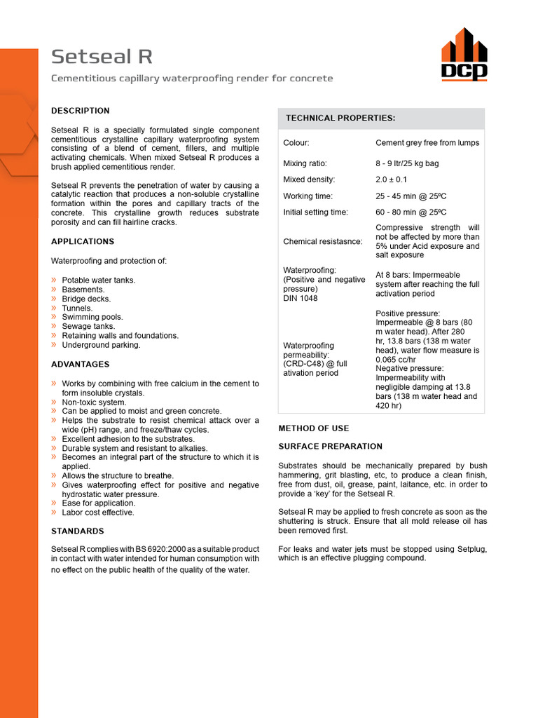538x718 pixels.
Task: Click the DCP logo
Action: (x=464, y=55)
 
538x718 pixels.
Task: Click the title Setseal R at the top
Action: (x=102, y=57)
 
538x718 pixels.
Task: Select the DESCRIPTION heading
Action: (x=81, y=111)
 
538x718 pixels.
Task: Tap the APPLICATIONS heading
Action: (x=83, y=242)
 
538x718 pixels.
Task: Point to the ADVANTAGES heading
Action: (x=81, y=365)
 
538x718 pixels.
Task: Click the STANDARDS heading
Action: (x=78, y=531)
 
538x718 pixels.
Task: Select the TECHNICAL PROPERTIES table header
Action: (x=340, y=118)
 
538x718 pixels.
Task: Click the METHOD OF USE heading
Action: (x=314, y=428)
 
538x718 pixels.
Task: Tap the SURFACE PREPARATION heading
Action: (x=331, y=447)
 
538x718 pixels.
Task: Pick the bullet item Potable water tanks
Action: (x=99, y=280)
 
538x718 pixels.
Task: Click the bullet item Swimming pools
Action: (x=92, y=317)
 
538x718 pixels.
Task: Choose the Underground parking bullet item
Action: (x=101, y=345)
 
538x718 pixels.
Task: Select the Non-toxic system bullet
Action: (x=94, y=402)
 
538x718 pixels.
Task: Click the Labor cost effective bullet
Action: (x=98, y=513)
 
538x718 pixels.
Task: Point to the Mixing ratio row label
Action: (x=304, y=164)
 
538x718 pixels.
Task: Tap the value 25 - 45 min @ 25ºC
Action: (x=411, y=196)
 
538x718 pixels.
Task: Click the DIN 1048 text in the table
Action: (x=301, y=299)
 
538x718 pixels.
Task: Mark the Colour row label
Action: (x=296, y=143)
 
